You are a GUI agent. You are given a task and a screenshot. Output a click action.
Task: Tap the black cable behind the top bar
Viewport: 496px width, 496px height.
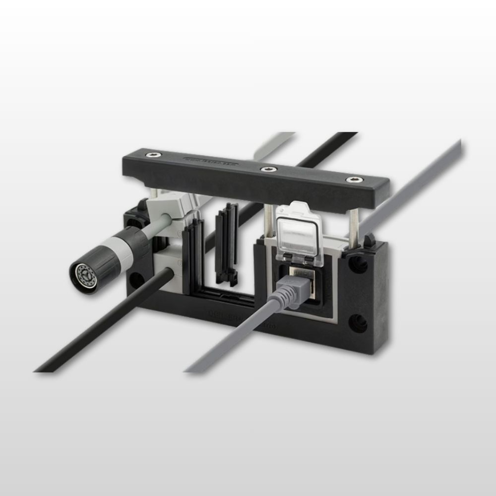click(322, 149)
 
